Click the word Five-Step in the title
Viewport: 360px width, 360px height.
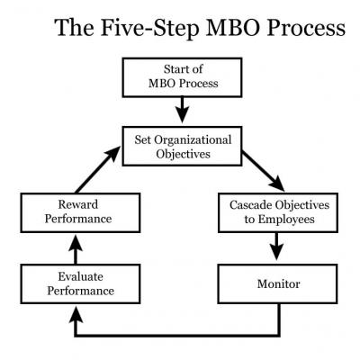(x=149, y=28)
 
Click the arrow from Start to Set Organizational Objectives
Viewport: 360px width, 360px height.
(x=182, y=110)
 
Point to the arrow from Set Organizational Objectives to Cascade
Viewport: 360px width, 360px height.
(x=263, y=171)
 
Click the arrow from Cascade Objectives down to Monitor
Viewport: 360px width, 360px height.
(x=276, y=246)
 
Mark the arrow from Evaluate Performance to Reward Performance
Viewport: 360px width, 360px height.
(x=76, y=249)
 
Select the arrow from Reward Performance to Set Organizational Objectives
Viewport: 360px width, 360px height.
(x=98, y=169)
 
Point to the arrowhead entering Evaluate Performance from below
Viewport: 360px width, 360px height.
(x=76, y=314)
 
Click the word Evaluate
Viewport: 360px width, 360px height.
(x=80, y=276)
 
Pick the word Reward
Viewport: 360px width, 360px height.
(x=78, y=204)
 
